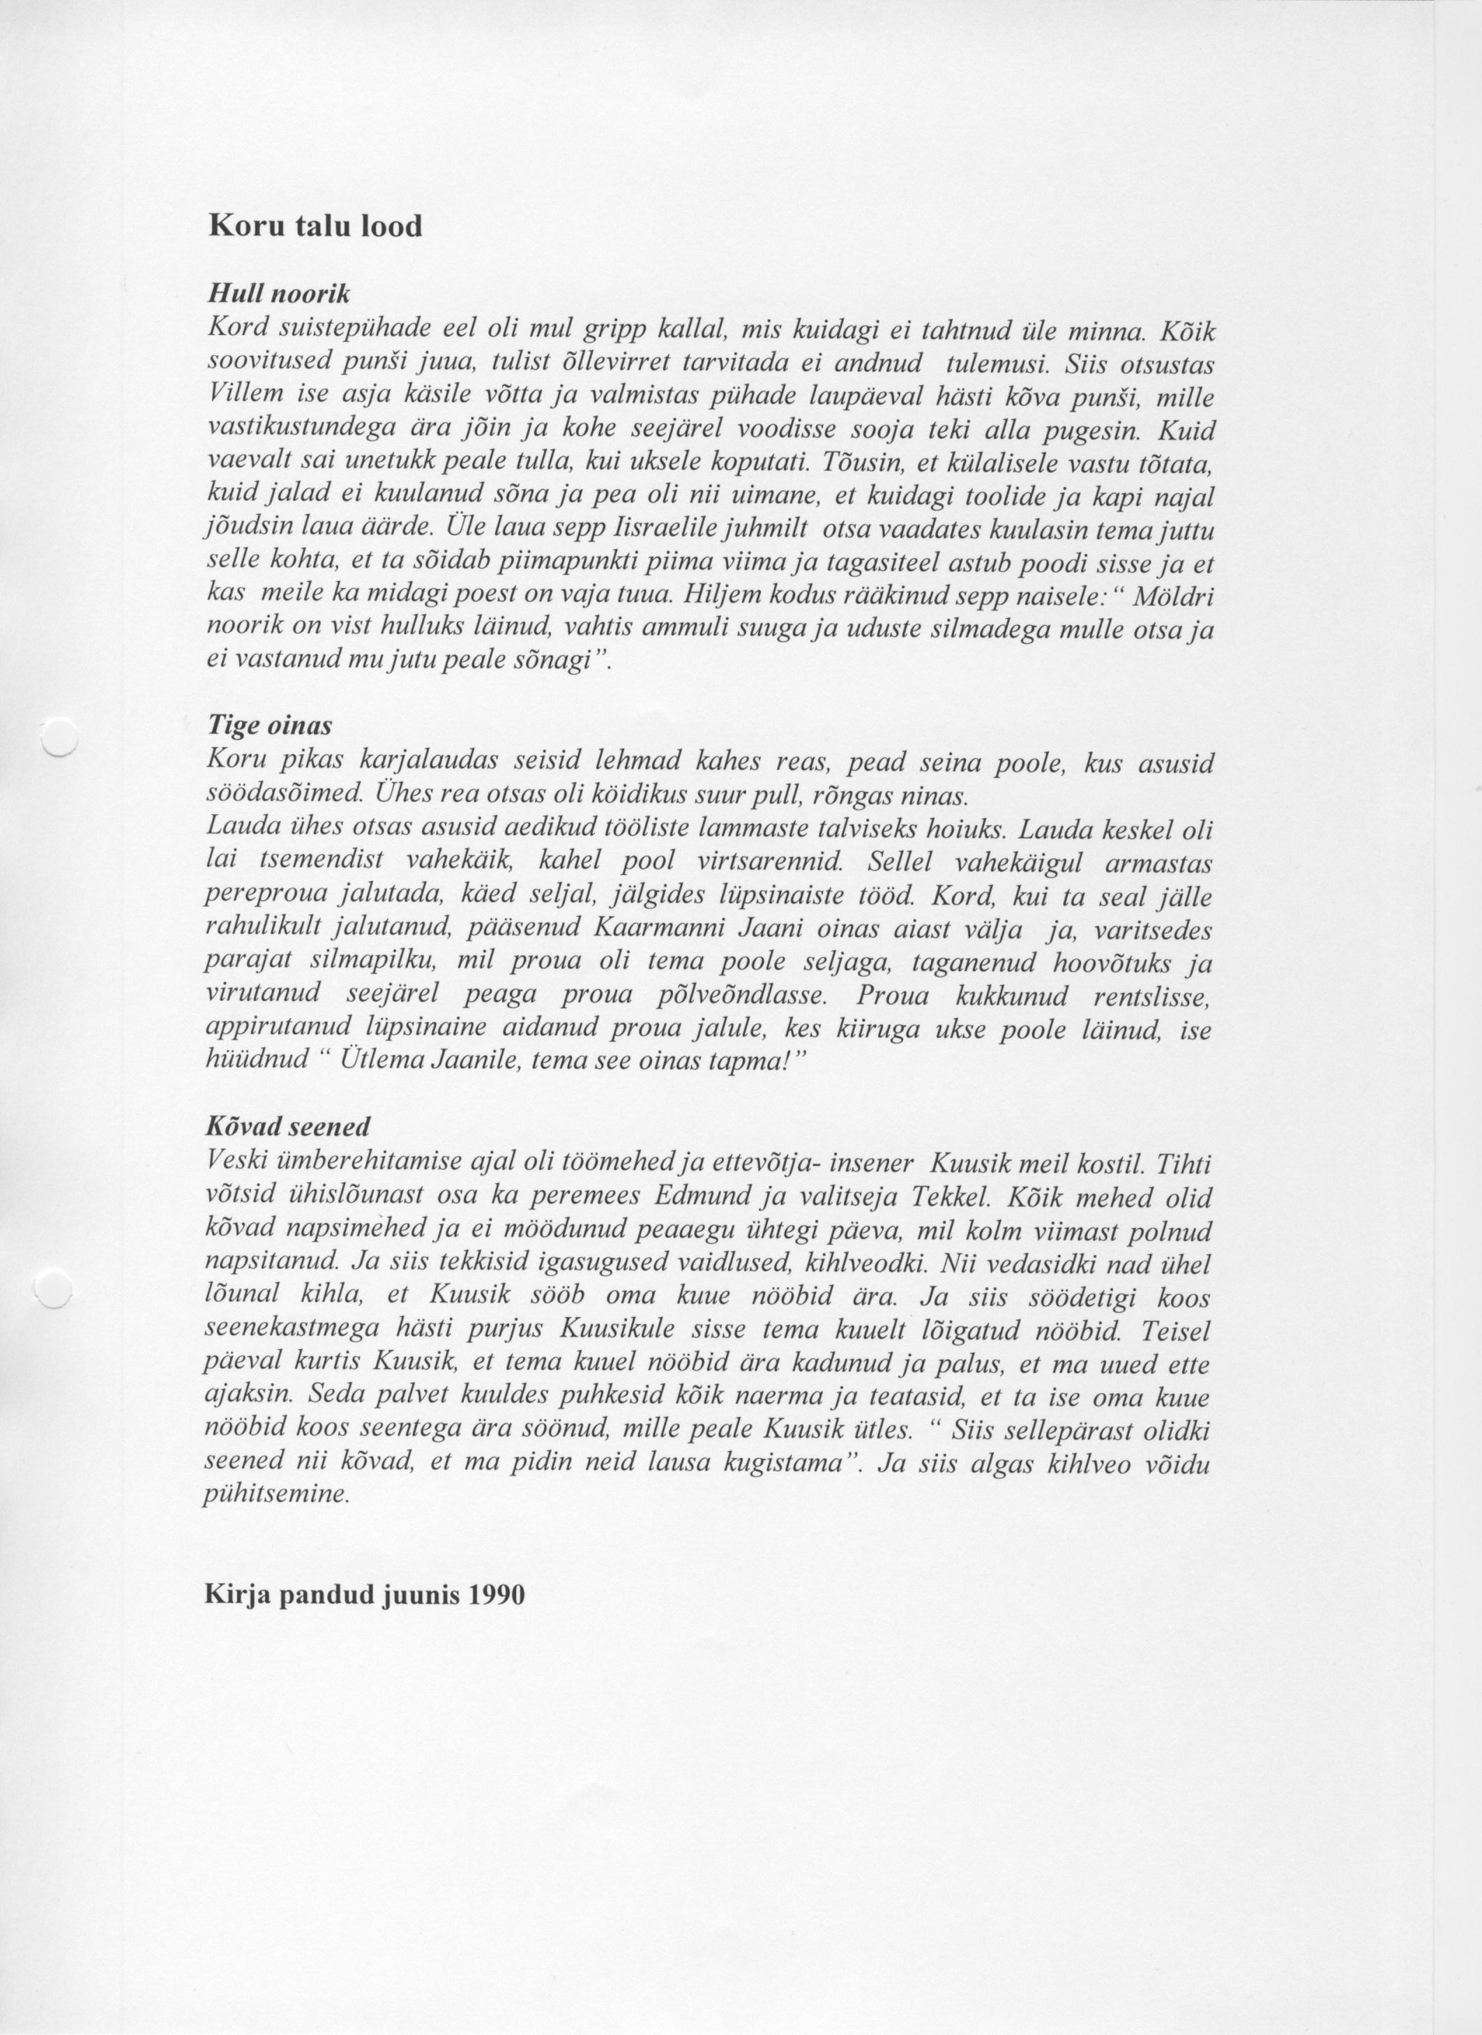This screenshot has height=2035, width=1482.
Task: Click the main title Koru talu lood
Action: pos(315,225)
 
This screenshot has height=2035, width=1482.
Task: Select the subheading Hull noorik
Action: pos(278,294)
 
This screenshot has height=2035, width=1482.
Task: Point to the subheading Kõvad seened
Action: pos(287,1126)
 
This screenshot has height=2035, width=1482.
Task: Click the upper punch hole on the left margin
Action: pos(60,737)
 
